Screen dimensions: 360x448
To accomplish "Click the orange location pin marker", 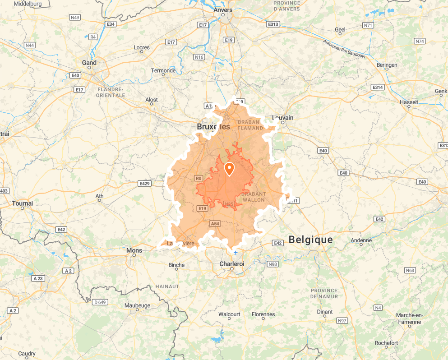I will click(x=229, y=169).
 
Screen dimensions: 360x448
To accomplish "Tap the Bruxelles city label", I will click(x=213, y=127).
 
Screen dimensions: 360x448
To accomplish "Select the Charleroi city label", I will click(x=231, y=263).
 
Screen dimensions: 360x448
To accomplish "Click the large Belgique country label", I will click(x=311, y=240).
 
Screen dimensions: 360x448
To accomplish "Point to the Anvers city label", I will click(x=224, y=10).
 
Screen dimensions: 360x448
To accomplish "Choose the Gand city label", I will click(x=89, y=63).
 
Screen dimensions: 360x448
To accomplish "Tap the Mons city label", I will click(x=134, y=250).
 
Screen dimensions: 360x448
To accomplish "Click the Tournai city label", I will click(x=23, y=203).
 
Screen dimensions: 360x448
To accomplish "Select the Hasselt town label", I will click(x=409, y=102).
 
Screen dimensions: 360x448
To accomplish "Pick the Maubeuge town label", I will click(x=137, y=305).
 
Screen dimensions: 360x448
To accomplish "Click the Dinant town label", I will click(x=324, y=312).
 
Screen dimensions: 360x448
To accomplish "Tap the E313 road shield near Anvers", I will click(x=272, y=24).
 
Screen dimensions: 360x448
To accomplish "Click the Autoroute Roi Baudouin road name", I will click(x=344, y=48).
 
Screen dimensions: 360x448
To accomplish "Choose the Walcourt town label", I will click(x=229, y=314).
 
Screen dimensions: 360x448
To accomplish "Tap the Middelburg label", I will click(x=28, y=4).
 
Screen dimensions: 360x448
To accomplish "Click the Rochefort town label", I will click(x=386, y=343).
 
